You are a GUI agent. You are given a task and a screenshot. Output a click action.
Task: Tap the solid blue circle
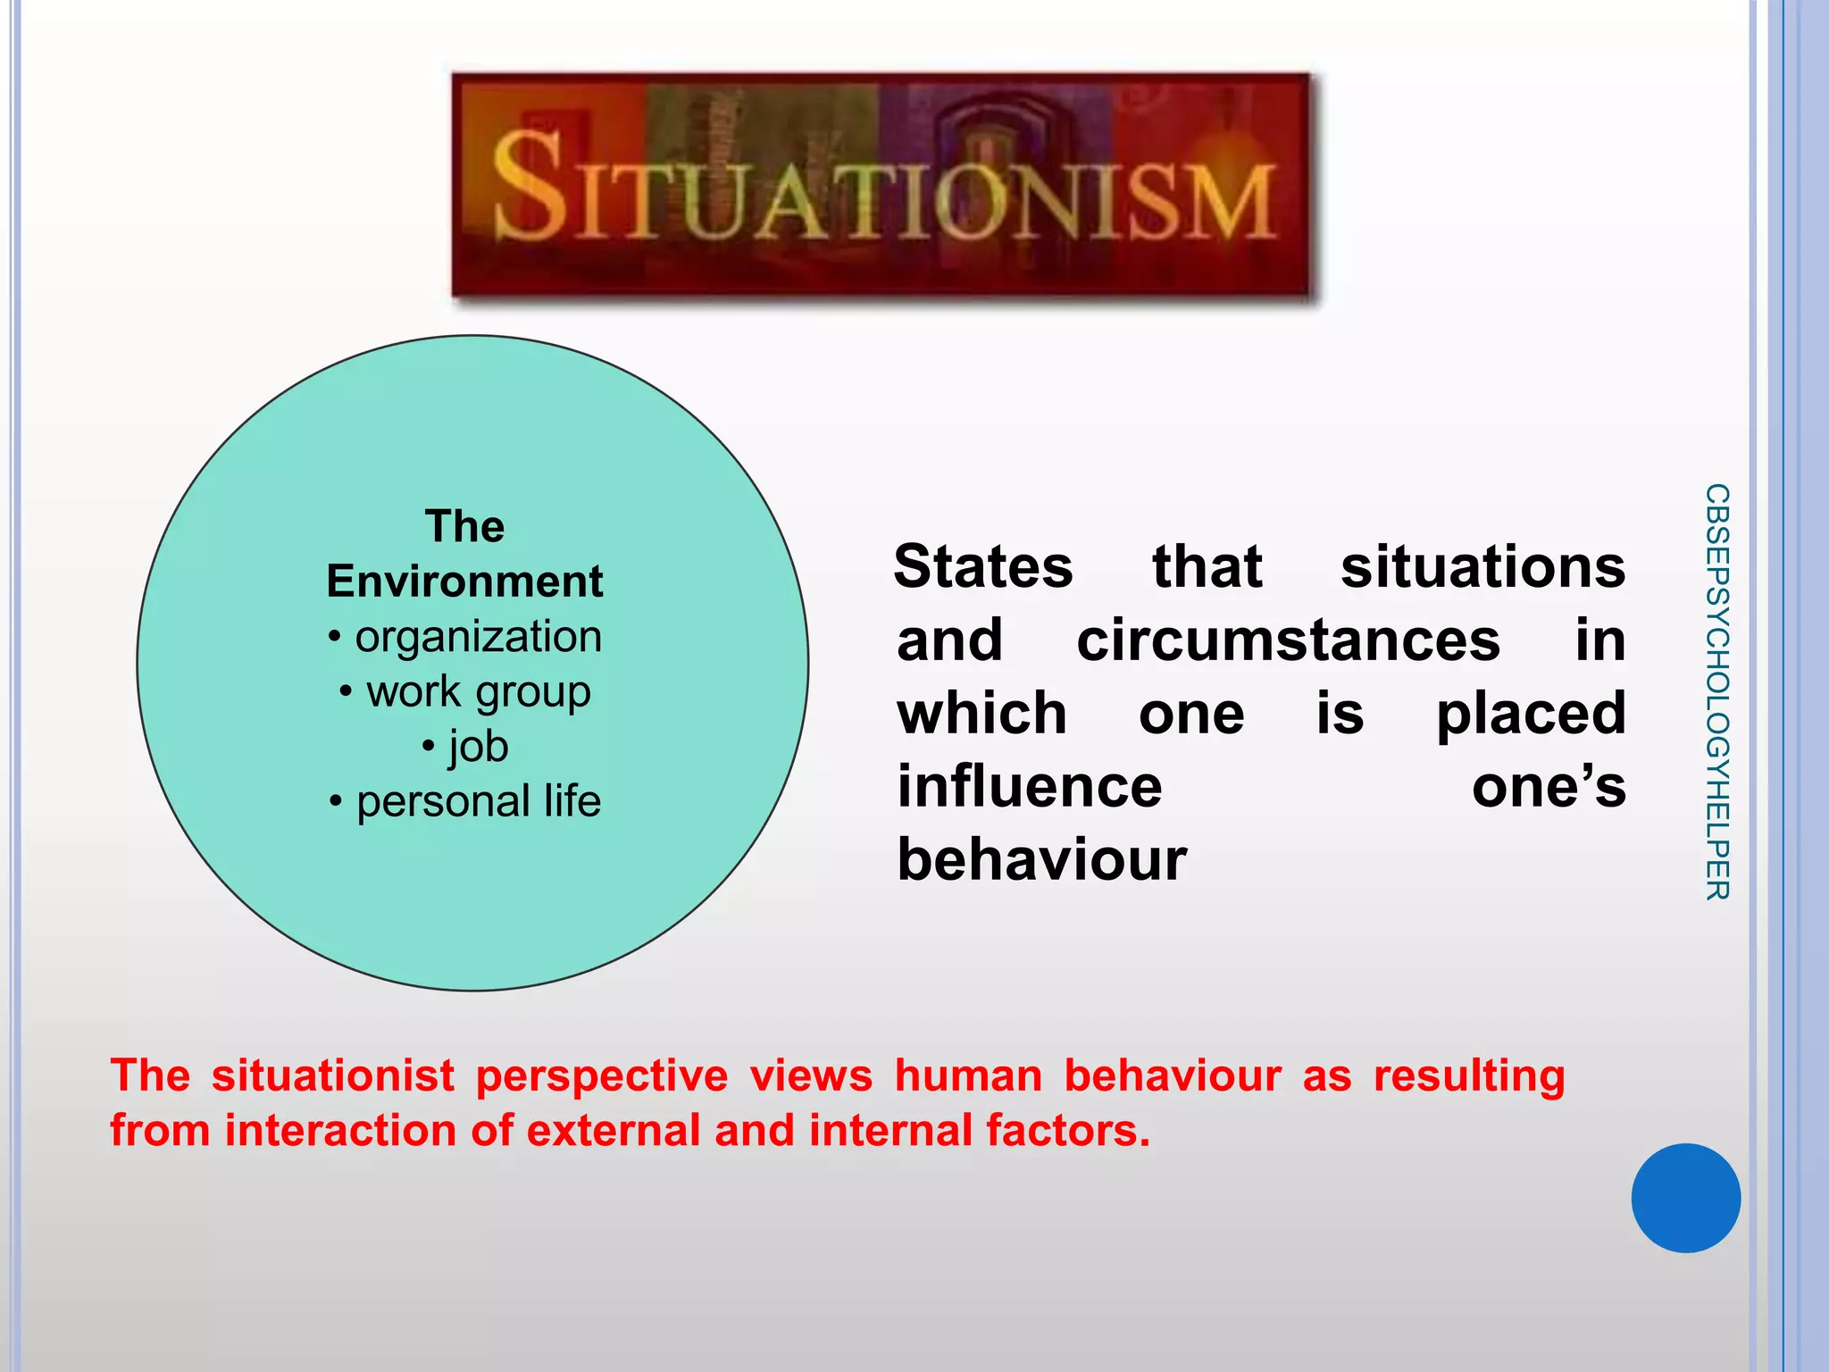point(1685,1198)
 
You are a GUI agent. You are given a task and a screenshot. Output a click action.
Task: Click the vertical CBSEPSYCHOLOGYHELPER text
point(1716,691)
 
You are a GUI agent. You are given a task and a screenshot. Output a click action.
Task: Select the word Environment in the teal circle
point(464,581)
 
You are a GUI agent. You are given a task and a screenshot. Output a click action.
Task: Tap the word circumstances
point(1288,640)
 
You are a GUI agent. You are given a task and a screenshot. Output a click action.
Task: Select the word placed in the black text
point(1531,714)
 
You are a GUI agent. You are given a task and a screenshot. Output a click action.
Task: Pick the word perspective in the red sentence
point(602,1076)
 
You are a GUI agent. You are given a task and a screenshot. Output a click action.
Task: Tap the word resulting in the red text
point(1469,1076)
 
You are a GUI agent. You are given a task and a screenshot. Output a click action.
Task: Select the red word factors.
point(1068,1130)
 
